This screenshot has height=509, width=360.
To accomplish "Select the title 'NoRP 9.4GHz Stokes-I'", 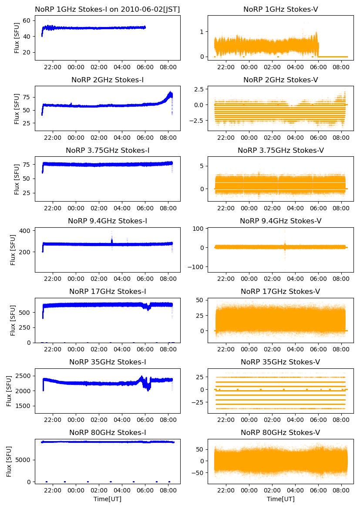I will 107,221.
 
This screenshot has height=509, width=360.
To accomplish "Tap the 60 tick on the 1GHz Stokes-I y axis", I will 27,20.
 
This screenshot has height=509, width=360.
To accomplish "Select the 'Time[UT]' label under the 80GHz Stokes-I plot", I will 107,499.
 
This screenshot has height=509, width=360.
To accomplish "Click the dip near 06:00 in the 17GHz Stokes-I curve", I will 149,307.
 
